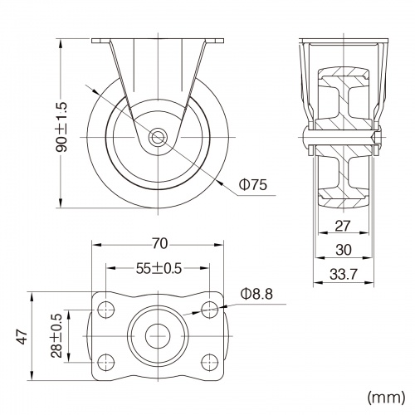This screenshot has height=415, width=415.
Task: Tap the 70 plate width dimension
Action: [160, 243]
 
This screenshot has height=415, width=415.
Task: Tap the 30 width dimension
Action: [342, 249]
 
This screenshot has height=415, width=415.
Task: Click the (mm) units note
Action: [385, 397]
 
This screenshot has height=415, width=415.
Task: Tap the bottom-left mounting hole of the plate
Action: [105, 363]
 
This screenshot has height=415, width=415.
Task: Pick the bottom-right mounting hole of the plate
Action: [212, 363]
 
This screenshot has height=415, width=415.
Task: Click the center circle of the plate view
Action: [159, 336]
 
